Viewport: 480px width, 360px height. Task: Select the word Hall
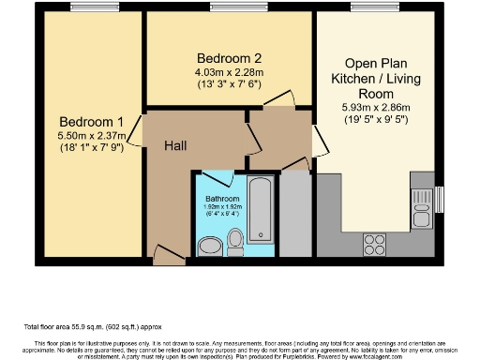tap(179, 145)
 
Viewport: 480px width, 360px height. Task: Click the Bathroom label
tap(222, 200)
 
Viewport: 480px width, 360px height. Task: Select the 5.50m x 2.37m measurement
tap(90, 138)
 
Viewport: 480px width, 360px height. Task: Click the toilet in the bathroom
tap(235, 242)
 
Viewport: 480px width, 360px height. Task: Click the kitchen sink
tap(417, 200)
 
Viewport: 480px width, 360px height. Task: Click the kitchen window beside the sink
tap(439, 200)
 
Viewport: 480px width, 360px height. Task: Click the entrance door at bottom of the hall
tap(168, 253)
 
